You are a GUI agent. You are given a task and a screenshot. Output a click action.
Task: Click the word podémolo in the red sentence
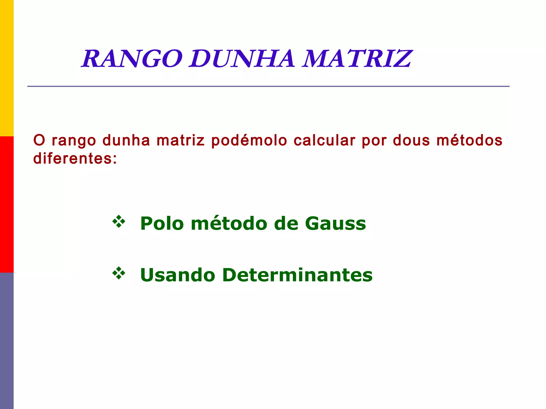(249, 141)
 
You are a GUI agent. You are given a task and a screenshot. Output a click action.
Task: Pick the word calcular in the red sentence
(324, 141)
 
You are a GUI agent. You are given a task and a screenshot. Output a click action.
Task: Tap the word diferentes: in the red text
(75, 159)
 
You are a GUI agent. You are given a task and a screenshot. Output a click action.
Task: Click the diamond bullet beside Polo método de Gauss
(119, 222)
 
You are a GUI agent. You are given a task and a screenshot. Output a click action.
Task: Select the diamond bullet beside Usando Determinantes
(119, 273)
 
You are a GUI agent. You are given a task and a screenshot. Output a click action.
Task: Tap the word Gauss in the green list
(335, 223)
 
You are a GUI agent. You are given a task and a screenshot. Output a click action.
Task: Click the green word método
(229, 223)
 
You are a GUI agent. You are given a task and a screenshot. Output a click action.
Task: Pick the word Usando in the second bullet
(178, 275)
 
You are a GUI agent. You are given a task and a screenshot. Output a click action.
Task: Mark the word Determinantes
(297, 275)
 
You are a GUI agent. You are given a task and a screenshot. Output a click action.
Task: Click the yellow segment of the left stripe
(7, 68)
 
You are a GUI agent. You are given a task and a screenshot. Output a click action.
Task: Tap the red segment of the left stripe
(7, 204)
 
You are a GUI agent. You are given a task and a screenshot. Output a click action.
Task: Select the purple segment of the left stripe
(7, 341)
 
